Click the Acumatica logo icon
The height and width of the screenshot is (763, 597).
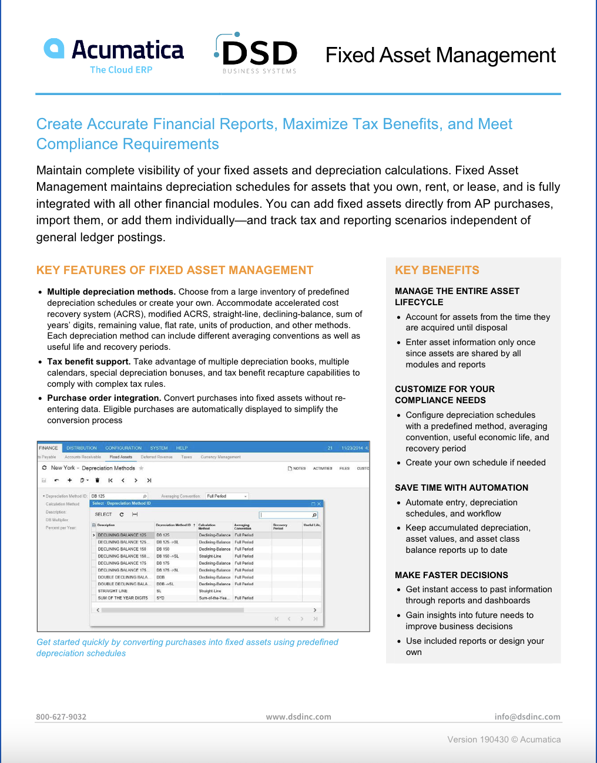54,49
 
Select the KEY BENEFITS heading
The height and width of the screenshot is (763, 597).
437,270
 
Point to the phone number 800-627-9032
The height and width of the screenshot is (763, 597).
61,717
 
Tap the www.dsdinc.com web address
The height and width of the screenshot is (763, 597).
298,717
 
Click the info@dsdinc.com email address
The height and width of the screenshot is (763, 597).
527,717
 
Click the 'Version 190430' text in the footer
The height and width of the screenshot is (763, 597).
478,740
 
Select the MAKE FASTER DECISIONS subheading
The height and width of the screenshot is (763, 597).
451,575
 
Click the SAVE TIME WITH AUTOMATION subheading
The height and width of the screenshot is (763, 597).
461,488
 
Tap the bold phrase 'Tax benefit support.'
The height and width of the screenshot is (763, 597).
89,362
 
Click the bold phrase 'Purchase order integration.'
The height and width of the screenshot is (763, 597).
104,398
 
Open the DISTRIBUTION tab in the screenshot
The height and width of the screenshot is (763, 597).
81,448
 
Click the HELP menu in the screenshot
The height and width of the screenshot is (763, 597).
182,448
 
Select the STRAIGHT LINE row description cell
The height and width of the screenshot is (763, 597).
113,591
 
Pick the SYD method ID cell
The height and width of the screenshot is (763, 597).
160,598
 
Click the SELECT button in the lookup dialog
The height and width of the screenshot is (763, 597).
103,514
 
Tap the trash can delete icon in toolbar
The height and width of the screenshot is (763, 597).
98,480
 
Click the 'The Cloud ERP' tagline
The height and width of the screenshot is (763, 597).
121,70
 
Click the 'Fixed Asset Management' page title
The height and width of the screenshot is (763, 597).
440,55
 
